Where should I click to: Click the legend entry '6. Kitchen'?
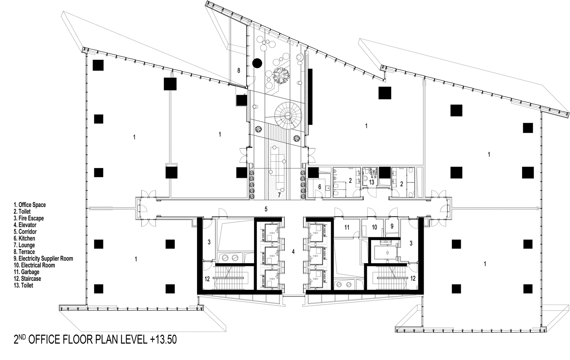(x=24, y=238)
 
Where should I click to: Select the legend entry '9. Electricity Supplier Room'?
(x=43, y=258)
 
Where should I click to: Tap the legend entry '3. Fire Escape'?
(x=28, y=218)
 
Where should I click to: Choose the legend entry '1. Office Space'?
(x=30, y=205)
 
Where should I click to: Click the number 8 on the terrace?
(x=239, y=71)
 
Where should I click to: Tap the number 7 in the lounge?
(x=279, y=195)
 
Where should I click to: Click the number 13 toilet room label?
(x=371, y=182)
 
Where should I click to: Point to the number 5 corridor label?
(x=266, y=209)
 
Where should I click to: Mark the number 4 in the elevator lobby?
(x=293, y=252)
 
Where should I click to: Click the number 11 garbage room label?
(x=347, y=228)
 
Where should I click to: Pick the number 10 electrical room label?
(x=374, y=228)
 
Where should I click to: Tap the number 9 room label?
(x=392, y=228)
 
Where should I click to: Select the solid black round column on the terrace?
(x=257, y=63)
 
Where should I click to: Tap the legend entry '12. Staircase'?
(x=27, y=279)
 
